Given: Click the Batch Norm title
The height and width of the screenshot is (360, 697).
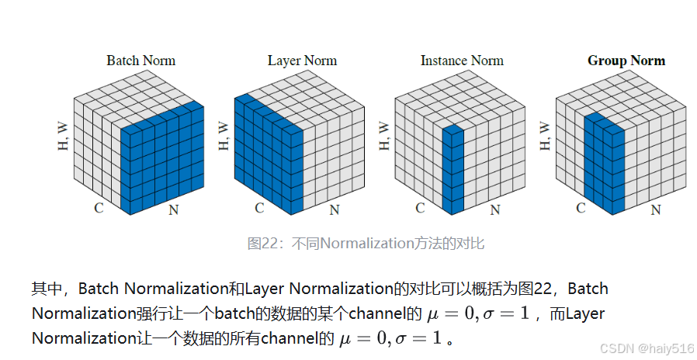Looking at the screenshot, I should pos(140,61).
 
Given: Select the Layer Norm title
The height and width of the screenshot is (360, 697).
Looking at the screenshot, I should pos(301,61).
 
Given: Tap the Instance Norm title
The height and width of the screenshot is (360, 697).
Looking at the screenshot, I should pos(462,61).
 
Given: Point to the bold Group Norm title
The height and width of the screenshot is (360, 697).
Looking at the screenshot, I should pos(626,61).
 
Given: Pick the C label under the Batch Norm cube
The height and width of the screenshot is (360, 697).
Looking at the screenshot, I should pos(99,208).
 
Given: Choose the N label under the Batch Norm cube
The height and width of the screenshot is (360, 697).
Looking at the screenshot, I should pos(174,210).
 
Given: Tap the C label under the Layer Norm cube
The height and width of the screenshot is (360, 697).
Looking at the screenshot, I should pos(259,208).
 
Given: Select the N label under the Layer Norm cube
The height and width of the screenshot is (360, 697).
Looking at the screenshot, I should pos(335,210).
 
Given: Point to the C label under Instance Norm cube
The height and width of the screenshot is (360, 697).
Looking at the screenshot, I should pos(420,208).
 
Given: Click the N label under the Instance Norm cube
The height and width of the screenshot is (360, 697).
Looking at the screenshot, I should pos(495,210).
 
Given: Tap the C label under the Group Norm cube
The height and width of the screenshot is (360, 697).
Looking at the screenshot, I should pos(581,208).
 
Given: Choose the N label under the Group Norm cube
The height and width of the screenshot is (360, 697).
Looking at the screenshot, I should pos(655,210).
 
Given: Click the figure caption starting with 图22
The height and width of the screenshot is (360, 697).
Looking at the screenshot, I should pos(366,244).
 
